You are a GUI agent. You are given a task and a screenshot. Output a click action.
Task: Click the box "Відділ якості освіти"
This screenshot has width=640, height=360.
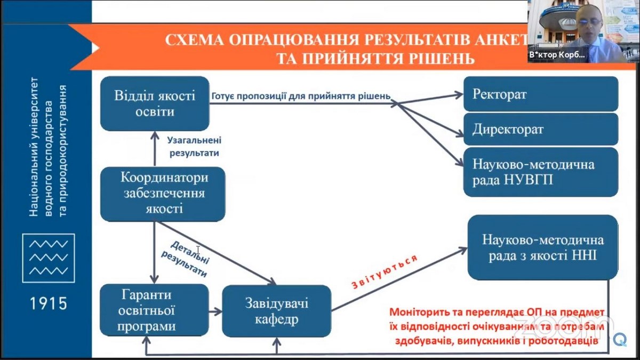pos(155,103)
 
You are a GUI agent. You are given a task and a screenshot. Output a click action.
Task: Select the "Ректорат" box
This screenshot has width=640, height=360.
pos(540,94)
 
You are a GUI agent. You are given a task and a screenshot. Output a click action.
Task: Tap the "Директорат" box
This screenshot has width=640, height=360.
pos(540,129)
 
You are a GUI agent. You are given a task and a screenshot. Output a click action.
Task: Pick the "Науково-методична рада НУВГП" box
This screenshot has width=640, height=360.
pos(540,172)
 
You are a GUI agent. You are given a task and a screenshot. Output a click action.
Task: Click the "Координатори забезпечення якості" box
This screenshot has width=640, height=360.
pos(163,193)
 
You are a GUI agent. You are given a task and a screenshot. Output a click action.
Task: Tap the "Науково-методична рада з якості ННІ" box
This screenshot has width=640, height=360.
pos(542,247)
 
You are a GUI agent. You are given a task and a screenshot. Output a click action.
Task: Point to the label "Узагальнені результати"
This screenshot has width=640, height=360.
pos(195,146)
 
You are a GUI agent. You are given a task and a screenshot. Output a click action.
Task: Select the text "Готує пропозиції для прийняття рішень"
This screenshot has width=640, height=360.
pos(301,97)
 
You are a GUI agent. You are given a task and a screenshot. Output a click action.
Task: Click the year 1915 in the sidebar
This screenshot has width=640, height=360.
pos(48,303)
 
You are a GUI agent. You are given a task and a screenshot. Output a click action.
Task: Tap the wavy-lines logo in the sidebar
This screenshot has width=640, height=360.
pos(48,258)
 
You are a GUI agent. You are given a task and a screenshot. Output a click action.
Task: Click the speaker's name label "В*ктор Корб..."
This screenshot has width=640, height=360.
pos(557,55)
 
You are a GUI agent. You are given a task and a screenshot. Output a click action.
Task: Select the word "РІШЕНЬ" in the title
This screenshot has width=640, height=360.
pos(439,58)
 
